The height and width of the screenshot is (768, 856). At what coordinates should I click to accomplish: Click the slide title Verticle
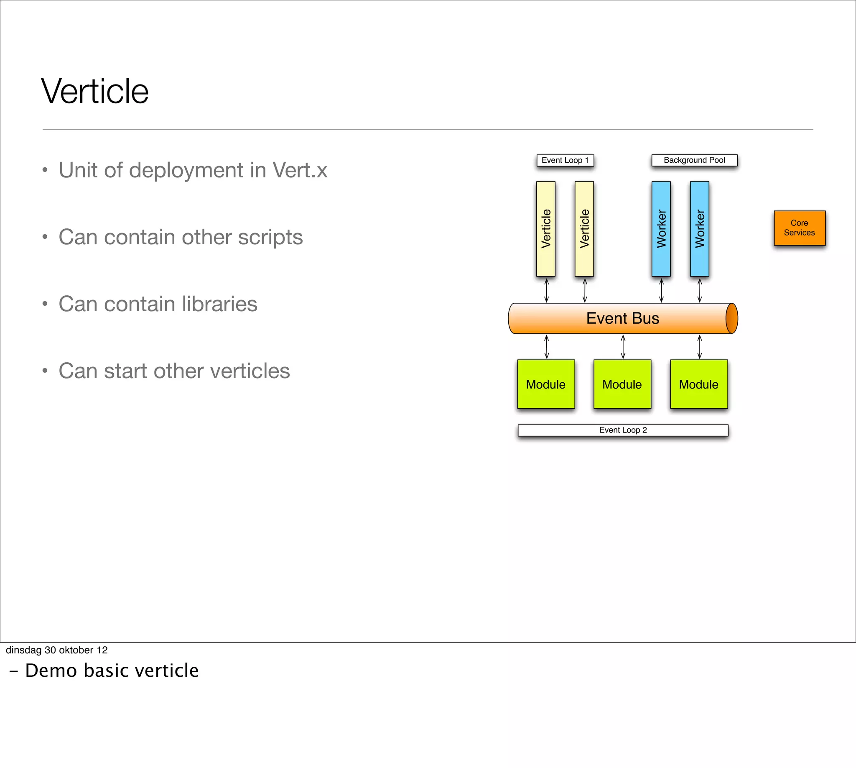point(94,91)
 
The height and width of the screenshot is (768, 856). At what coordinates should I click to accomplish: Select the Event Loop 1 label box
point(565,160)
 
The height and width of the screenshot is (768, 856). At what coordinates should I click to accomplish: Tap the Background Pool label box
point(694,160)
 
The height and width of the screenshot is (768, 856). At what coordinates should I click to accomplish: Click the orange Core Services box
point(799,228)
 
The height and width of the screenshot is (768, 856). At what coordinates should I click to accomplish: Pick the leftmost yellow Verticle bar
point(545,229)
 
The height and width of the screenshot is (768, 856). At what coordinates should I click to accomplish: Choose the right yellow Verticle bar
point(584,229)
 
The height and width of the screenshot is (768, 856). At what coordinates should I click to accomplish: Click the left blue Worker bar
point(661,229)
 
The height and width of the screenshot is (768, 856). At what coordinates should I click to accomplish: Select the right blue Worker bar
point(699,229)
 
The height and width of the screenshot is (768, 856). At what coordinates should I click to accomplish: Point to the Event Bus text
point(622,318)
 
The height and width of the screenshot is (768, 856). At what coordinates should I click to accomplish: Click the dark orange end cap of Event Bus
point(731,318)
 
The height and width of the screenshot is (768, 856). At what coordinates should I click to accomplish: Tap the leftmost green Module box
point(545,384)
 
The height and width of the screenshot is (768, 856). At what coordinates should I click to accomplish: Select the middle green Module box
point(622,384)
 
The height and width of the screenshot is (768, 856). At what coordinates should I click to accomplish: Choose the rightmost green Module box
point(699,384)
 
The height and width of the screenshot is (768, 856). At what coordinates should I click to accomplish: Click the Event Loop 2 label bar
point(623,430)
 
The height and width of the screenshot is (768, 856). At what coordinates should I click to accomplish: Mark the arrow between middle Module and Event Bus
point(623,347)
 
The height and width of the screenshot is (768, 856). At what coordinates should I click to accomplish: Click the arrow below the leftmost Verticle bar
point(546,290)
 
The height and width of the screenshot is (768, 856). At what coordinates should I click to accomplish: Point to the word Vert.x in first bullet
point(300,170)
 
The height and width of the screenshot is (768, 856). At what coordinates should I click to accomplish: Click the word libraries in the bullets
point(219,304)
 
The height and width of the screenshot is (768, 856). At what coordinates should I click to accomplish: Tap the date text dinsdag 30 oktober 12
point(56,650)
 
